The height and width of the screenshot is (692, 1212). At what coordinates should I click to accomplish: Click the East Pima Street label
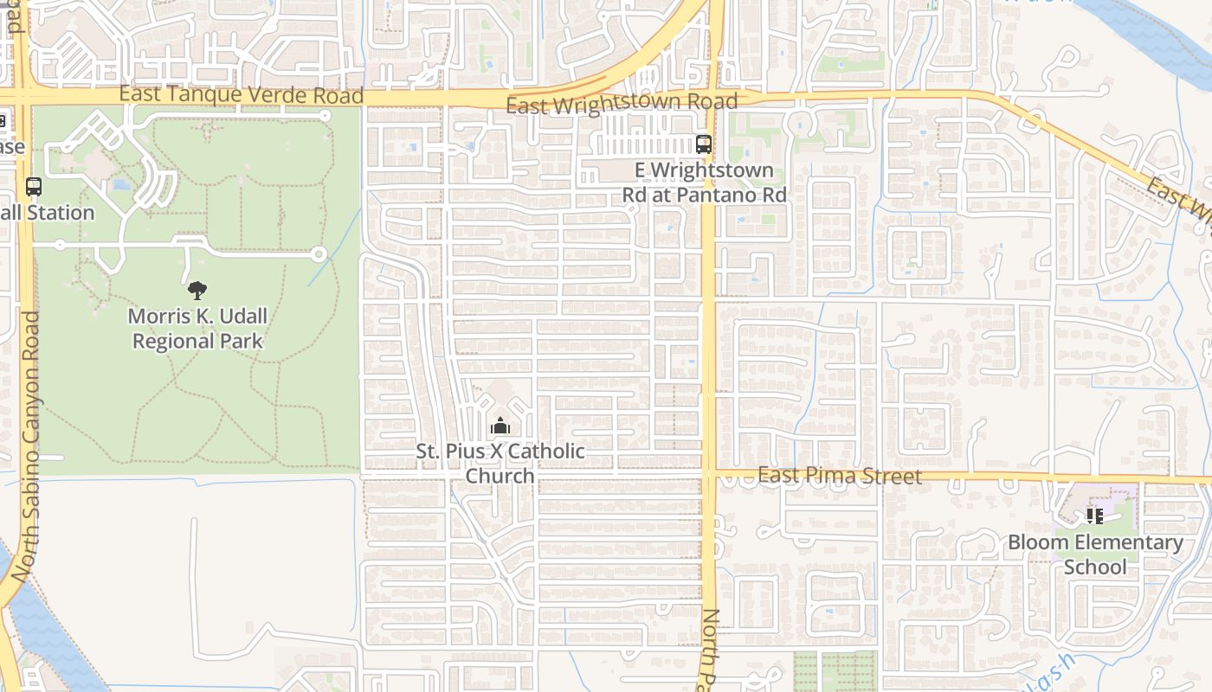840,476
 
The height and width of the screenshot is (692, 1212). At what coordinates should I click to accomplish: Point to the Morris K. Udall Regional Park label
197,329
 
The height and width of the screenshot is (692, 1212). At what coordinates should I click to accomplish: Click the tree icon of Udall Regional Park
197,290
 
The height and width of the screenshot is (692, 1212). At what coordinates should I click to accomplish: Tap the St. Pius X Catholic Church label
500,464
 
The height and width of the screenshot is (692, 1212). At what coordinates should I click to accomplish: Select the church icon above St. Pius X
500,426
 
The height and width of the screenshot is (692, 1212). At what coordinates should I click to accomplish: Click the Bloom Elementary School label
1095,554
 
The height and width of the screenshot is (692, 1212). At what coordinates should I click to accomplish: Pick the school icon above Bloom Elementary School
1095,516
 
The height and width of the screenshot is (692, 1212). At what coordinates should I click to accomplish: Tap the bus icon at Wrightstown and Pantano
703,144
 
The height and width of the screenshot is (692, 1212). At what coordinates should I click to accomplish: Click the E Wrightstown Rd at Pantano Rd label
704,183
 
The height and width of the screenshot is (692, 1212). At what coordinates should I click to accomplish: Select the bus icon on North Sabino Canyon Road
34,186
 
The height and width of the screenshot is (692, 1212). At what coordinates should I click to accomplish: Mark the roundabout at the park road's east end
319,254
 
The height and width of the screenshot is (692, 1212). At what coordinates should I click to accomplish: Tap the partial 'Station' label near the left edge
48,213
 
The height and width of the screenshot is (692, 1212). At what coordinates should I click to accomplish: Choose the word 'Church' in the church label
500,477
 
